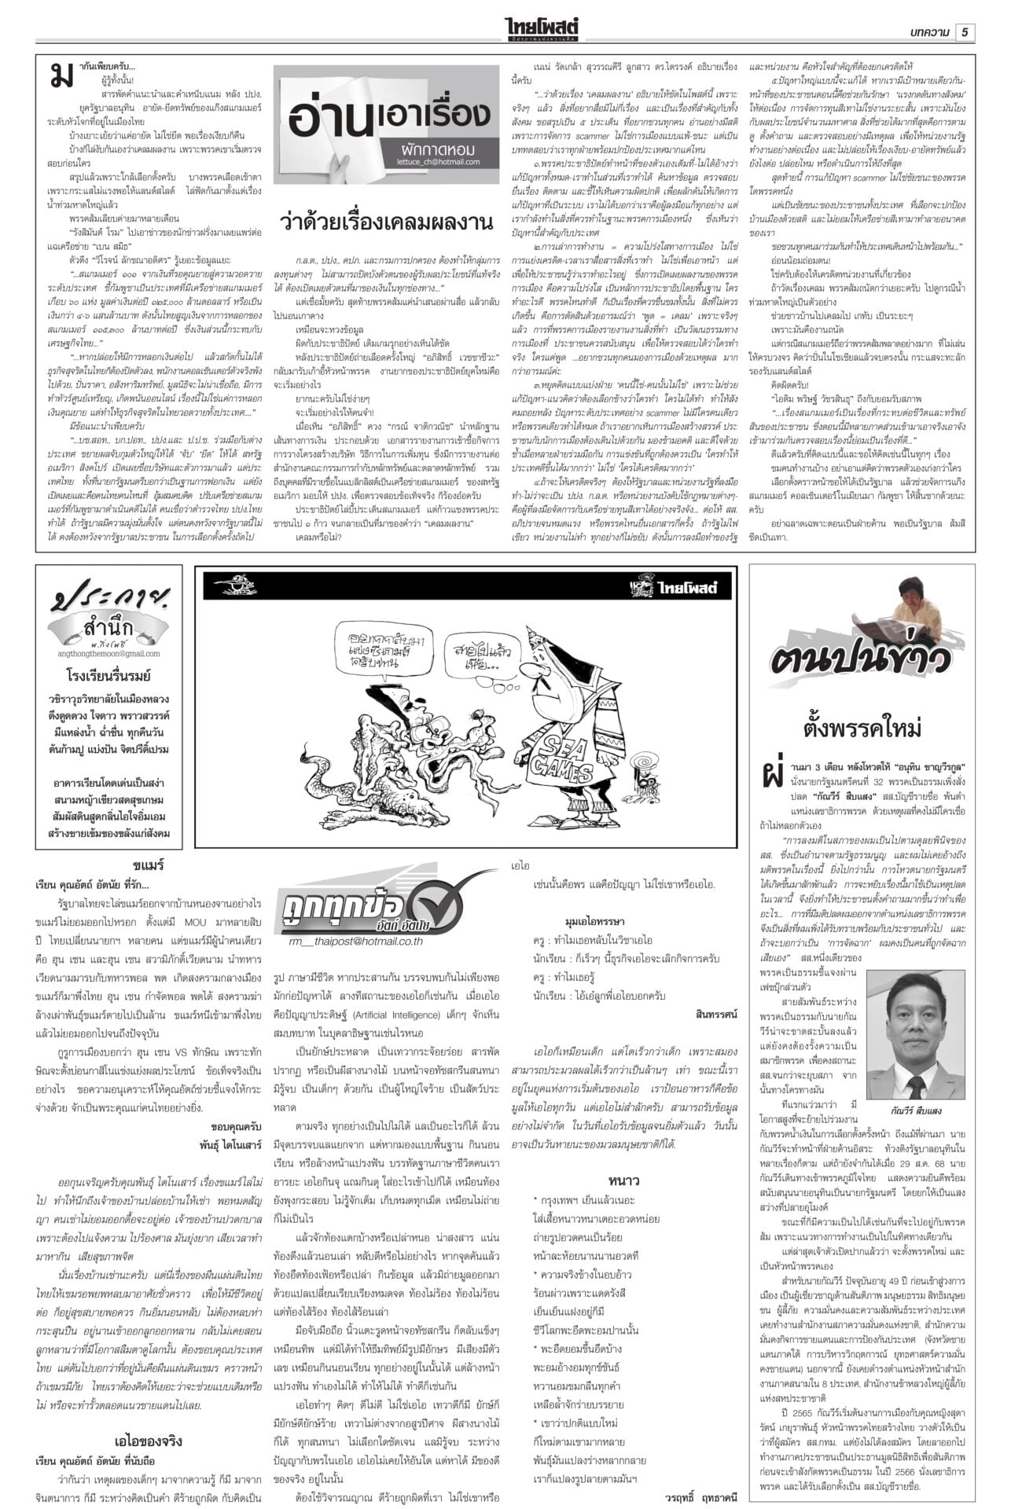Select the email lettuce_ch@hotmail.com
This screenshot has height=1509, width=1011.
[x=438, y=162]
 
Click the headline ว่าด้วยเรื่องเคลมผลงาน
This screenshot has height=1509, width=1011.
[x=386, y=222]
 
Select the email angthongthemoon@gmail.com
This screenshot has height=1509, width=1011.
[x=108, y=653]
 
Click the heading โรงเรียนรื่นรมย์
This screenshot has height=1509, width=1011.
[x=108, y=675]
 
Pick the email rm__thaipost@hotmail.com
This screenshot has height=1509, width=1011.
[x=355, y=940]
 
